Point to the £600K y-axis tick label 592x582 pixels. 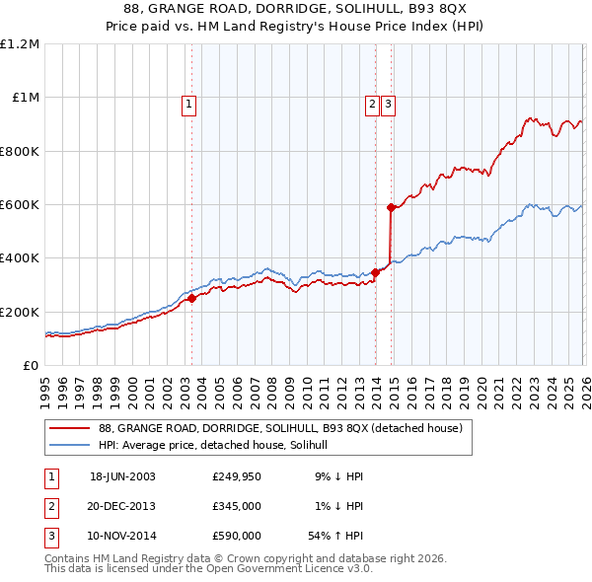20,204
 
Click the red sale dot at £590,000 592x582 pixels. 391,207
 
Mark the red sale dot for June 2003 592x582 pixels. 191,299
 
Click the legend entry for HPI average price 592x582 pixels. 219,446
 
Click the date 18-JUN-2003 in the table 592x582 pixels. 122,475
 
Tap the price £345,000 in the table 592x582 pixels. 236,506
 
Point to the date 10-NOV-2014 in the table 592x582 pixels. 122,537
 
